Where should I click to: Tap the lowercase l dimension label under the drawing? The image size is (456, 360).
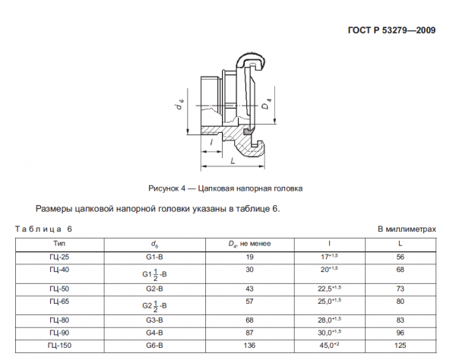pos(209,141)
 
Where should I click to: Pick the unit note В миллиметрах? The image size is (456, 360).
pos(408,228)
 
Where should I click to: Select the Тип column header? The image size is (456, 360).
pos(59,243)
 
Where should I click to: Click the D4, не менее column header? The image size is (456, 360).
pos(250,243)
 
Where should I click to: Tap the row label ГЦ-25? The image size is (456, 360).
pos(59,257)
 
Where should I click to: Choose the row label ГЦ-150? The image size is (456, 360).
pos(59,346)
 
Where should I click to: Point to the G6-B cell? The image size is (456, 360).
pos(155,346)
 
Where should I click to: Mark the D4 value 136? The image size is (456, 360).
pos(250,346)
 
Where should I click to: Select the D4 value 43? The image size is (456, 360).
pos(250,288)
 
